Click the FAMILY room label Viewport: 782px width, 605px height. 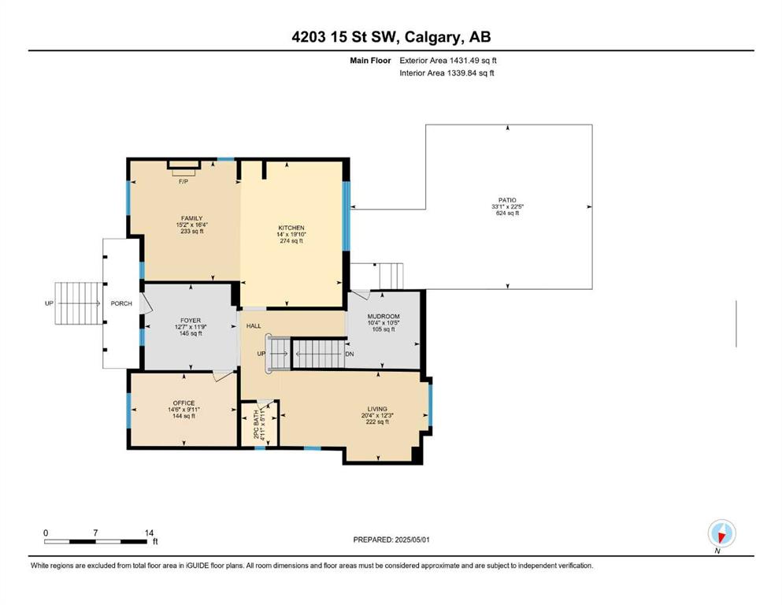pyautogui.click(x=191, y=218)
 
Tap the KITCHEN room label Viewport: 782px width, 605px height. pyautogui.click(x=291, y=228)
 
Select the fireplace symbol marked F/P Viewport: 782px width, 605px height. pyautogui.click(x=183, y=167)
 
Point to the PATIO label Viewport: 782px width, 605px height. pyautogui.click(x=507, y=200)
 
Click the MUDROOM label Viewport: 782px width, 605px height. pyautogui.click(x=384, y=316)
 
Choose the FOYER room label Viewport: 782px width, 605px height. pyautogui.click(x=191, y=320)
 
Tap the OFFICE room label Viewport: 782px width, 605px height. pyautogui.click(x=183, y=403)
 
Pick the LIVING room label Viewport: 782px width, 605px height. pyautogui.click(x=377, y=409)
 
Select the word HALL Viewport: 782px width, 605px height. pyautogui.click(x=254, y=325)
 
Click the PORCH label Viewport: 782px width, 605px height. pyautogui.click(x=121, y=303)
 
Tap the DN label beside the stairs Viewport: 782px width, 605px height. pyautogui.click(x=350, y=354)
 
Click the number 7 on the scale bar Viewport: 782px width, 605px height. pyautogui.click(x=95, y=533)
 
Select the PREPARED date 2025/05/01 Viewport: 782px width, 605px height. pyautogui.click(x=412, y=540)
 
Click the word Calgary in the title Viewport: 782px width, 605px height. pyautogui.click(x=431, y=37)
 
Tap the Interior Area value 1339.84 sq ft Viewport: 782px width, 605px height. pyautogui.click(x=471, y=72)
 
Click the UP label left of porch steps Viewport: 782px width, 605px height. pyautogui.click(x=49, y=303)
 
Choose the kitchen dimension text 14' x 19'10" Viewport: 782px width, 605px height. pyautogui.click(x=291, y=235)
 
